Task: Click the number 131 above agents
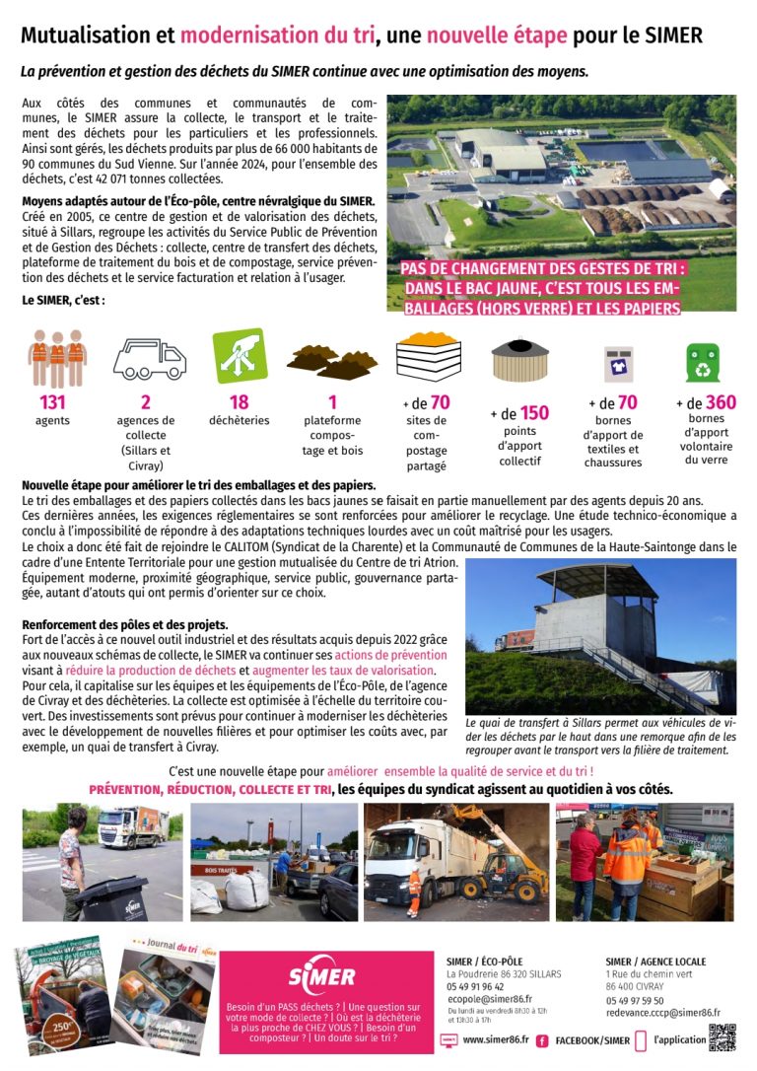pos(52,401)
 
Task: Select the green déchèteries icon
pos(240,355)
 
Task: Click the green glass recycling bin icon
pos(703,362)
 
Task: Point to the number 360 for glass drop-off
pos(721,402)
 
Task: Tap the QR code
pos(723,1037)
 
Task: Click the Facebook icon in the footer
pos(542,1040)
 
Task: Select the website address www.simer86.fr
pos(495,1040)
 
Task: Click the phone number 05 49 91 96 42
pos(475,986)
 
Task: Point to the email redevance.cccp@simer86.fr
pos(662,1013)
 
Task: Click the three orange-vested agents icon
pos(57,356)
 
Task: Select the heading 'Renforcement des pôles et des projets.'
pos(125,625)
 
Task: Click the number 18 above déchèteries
pos(239,401)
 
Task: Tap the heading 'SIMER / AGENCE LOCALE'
pos(655,962)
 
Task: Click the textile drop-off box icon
pos(619,364)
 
